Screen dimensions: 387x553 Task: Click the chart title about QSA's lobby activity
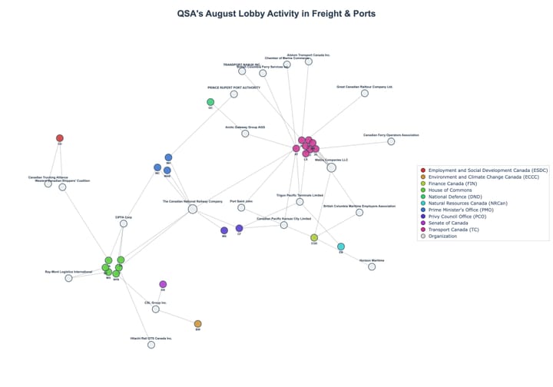tap(276, 14)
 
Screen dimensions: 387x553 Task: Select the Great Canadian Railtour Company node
tap(365, 94)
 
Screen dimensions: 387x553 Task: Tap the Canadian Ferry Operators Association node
tap(391, 141)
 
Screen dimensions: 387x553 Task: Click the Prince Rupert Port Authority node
tap(234, 94)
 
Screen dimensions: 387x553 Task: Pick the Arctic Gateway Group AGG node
tap(245, 134)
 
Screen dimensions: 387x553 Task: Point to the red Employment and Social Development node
tap(60, 138)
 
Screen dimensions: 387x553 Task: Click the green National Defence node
tap(210, 102)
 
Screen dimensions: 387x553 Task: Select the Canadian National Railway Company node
tap(193, 208)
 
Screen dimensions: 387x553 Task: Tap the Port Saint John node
tap(241, 207)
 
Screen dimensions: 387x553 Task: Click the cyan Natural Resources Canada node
tap(341, 246)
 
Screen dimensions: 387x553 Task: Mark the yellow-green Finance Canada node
tap(314, 238)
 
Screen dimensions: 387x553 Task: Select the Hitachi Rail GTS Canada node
tap(151, 345)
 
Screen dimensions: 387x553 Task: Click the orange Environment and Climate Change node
tap(197, 324)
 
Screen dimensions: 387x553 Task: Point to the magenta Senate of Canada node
tap(163, 284)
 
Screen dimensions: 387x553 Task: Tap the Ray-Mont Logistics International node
tap(68, 278)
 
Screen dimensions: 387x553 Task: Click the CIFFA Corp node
tap(124, 224)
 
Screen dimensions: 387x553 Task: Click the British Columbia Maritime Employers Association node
tap(359, 212)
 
